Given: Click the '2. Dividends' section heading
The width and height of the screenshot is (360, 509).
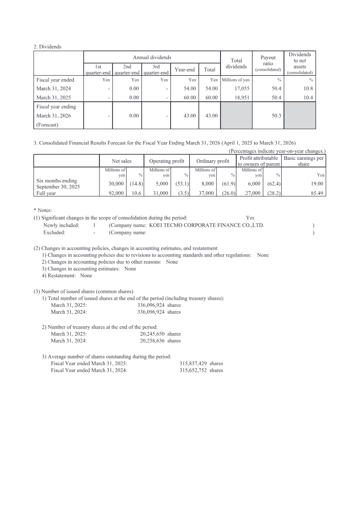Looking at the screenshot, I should (47, 46).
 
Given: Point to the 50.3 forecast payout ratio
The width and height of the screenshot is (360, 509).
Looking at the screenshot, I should (275, 116).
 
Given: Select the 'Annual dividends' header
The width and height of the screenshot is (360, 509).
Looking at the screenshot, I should (152, 58).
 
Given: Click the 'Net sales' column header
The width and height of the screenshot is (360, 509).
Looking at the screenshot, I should (121, 161).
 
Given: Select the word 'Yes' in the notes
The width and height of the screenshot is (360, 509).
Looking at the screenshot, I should (250, 217).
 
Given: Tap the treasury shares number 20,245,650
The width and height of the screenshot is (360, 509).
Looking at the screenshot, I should (153, 334).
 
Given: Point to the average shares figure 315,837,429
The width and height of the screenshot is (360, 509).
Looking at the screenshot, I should (193, 363).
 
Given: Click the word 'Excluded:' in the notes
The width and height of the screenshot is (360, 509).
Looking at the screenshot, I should (54, 232).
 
